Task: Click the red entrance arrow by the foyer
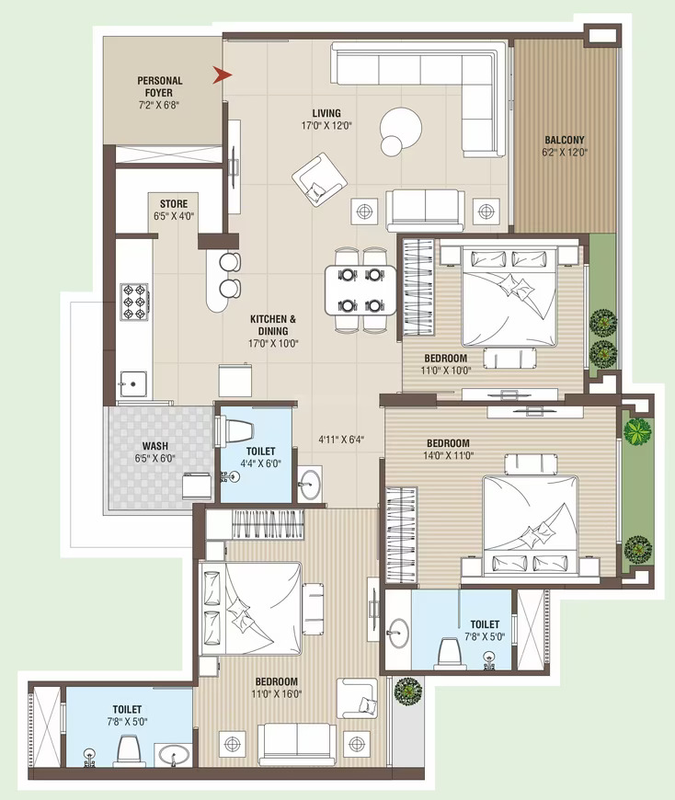tap(222, 75)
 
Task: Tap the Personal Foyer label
tap(159, 86)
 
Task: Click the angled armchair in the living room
tap(319, 179)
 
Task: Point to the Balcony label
tap(565, 139)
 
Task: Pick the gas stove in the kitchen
tap(134, 302)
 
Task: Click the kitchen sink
tap(133, 384)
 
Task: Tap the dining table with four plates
tap(360, 290)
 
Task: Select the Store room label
tap(174, 203)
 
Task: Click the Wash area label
tap(155, 446)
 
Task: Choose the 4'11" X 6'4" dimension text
tap(341, 439)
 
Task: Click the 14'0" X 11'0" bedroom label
tap(448, 449)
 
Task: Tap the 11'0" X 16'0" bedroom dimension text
tap(277, 694)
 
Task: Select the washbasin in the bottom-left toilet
tap(174, 754)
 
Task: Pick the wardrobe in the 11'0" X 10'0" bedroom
tap(418, 287)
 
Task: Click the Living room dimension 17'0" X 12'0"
tap(326, 125)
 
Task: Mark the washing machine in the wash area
tap(197, 486)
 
